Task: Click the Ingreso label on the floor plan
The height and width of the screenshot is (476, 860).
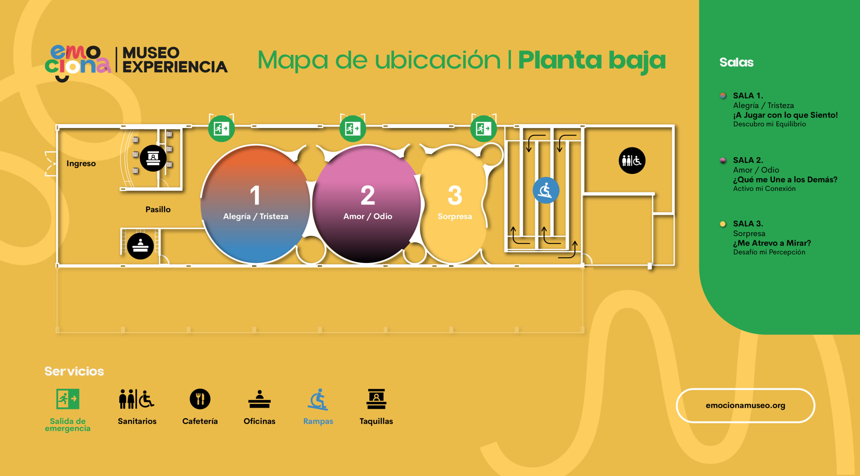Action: (x=81, y=163)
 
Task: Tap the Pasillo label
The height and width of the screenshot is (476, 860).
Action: (x=158, y=209)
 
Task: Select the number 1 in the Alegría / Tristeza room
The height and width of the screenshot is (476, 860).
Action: (x=255, y=195)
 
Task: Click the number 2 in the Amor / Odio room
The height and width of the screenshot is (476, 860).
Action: (x=368, y=195)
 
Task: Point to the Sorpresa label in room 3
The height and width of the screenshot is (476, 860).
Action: (x=455, y=216)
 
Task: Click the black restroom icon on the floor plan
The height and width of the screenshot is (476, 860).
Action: (x=632, y=161)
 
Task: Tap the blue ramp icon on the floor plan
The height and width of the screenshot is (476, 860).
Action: (x=546, y=190)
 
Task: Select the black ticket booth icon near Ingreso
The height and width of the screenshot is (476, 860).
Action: (x=153, y=158)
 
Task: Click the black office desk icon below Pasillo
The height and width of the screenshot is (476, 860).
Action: (x=140, y=246)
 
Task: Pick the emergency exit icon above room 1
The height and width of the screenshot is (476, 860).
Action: (x=221, y=128)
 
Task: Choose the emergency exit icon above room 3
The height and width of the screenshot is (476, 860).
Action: (x=483, y=128)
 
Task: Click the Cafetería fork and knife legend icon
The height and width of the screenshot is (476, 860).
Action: (x=200, y=399)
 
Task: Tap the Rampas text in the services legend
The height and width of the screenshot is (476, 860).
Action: (x=318, y=421)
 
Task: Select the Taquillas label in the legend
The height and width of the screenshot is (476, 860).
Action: (x=376, y=421)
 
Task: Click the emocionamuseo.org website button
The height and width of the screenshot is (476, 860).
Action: (x=745, y=405)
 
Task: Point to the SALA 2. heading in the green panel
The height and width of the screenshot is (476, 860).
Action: (x=748, y=160)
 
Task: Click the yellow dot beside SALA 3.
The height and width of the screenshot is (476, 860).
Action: (x=723, y=224)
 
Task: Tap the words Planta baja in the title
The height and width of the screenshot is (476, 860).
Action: (x=592, y=61)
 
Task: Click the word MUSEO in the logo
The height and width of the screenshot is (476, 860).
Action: (x=151, y=53)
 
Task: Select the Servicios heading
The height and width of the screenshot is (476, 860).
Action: (x=74, y=371)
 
